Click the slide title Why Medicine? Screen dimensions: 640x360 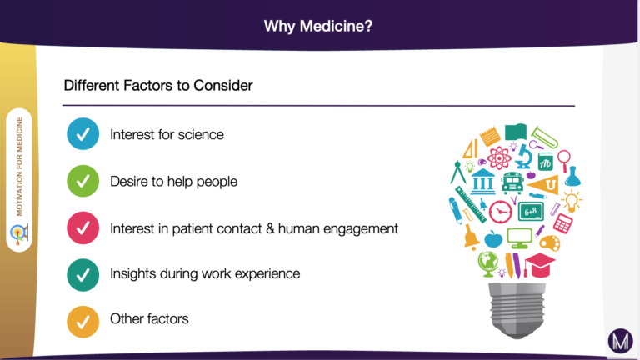318,26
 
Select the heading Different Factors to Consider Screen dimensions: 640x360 158,85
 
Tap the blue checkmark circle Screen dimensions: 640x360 82,134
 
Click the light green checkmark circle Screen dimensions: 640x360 82,181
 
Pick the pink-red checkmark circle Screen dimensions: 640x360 82,227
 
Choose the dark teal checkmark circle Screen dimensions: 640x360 82,275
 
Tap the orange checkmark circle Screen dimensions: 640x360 82,322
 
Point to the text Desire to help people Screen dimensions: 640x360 173,181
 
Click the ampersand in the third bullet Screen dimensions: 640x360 270,228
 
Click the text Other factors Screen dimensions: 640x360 149,318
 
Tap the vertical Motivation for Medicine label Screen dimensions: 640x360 19,167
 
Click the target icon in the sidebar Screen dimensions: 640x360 19,234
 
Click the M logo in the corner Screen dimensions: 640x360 620,341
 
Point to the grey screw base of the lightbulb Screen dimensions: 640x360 517,310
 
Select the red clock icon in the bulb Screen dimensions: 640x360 500,212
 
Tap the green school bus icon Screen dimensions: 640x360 512,182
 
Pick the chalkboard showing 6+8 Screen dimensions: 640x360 531,212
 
